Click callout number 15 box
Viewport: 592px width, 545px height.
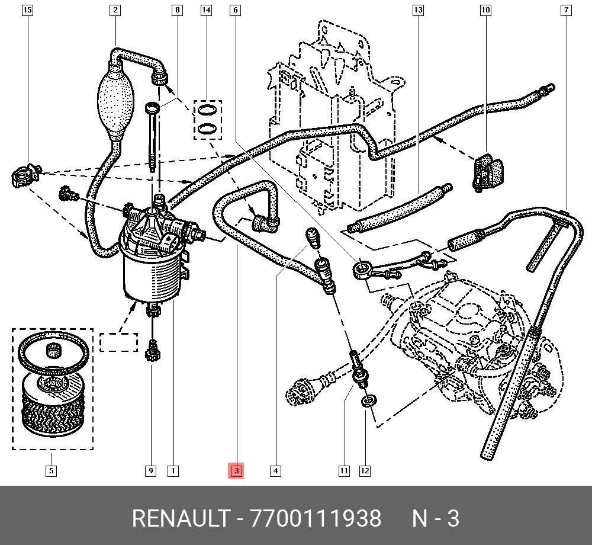click(x=27, y=10)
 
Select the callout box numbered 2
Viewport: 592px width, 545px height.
click(x=115, y=10)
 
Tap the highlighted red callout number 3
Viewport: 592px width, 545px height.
click(x=236, y=471)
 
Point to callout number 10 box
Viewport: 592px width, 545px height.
click(x=485, y=10)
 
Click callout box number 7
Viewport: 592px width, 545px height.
click(x=567, y=10)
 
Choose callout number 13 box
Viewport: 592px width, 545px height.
click(x=418, y=10)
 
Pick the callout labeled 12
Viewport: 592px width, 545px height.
click(x=365, y=471)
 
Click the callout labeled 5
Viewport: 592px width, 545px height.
click(x=52, y=471)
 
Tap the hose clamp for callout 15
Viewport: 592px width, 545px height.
click(x=24, y=175)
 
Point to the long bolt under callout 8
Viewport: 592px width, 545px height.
click(x=153, y=136)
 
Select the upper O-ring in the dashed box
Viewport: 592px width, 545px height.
click(x=207, y=110)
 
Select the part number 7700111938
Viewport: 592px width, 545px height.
click(x=316, y=518)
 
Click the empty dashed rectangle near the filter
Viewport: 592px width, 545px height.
click(x=118, y=342)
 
